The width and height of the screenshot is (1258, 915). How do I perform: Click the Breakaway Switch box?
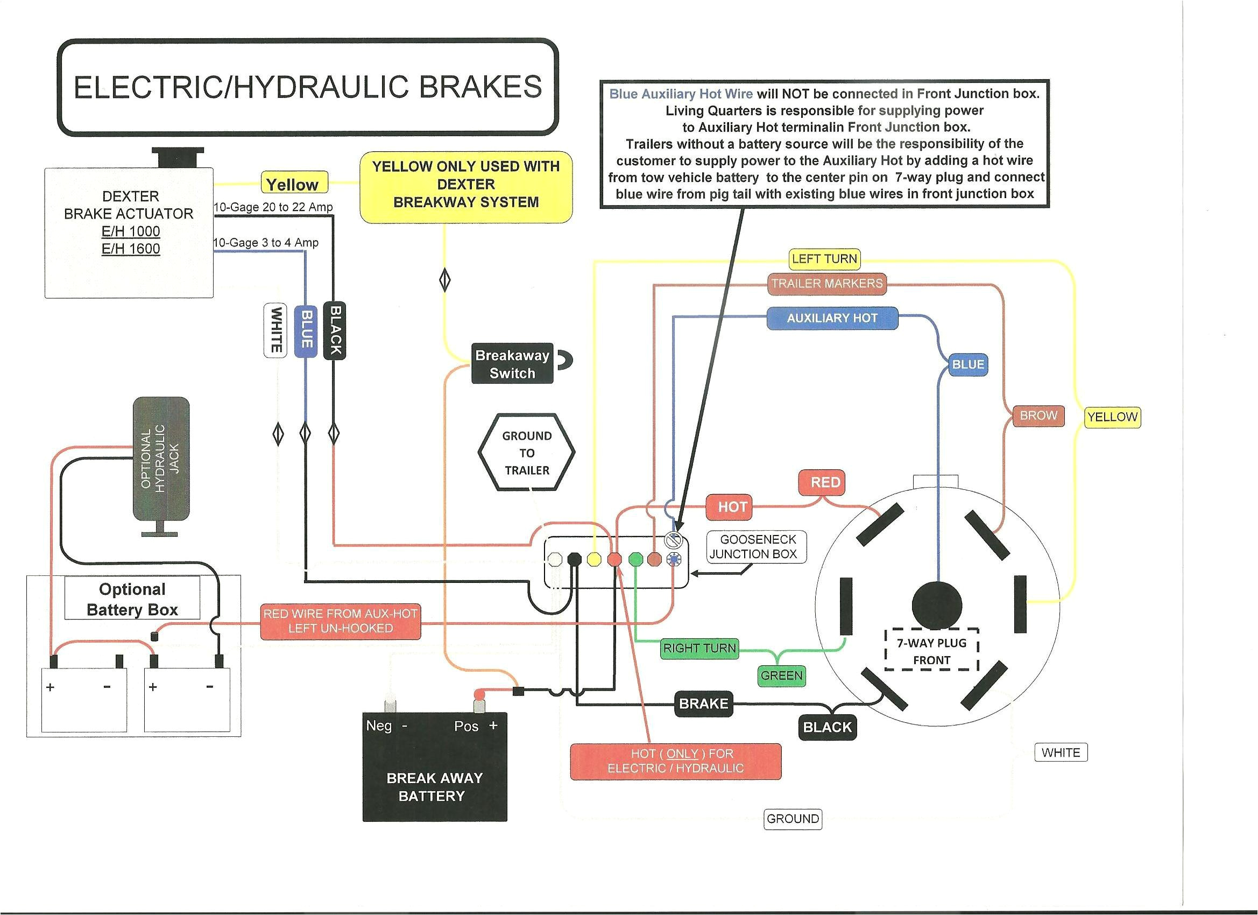click(512, 363)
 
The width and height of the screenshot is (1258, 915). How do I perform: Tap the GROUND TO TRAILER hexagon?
click(526, 453)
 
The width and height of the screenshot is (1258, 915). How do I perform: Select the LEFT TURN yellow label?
click(824, 258)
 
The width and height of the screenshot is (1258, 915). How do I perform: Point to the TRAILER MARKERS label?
click(826, 284)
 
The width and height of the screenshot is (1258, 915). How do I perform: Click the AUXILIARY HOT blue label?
click(831, 318)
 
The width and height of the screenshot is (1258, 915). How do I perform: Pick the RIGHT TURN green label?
click(699, 647)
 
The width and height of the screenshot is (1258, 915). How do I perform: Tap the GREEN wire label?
click(781, 675)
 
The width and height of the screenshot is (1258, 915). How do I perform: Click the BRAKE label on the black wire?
click(703, 703)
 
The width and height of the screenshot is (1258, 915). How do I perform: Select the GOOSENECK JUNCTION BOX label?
click(756, 546)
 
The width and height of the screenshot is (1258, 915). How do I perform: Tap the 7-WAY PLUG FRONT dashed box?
click(931, 651)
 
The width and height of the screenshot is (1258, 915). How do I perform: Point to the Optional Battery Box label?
click(132, 599)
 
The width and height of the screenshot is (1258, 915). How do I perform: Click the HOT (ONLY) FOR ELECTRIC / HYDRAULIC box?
click(676, 761)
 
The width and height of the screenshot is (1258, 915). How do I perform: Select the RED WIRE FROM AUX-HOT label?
click(340, 621)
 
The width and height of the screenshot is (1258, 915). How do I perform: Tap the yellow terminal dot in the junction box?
click(594, 559)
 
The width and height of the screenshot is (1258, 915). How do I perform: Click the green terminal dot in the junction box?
click(635, 559)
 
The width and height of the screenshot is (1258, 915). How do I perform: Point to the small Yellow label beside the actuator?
click(293, 184)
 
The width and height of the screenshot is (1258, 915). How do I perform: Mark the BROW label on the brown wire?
click(1038, 416)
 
